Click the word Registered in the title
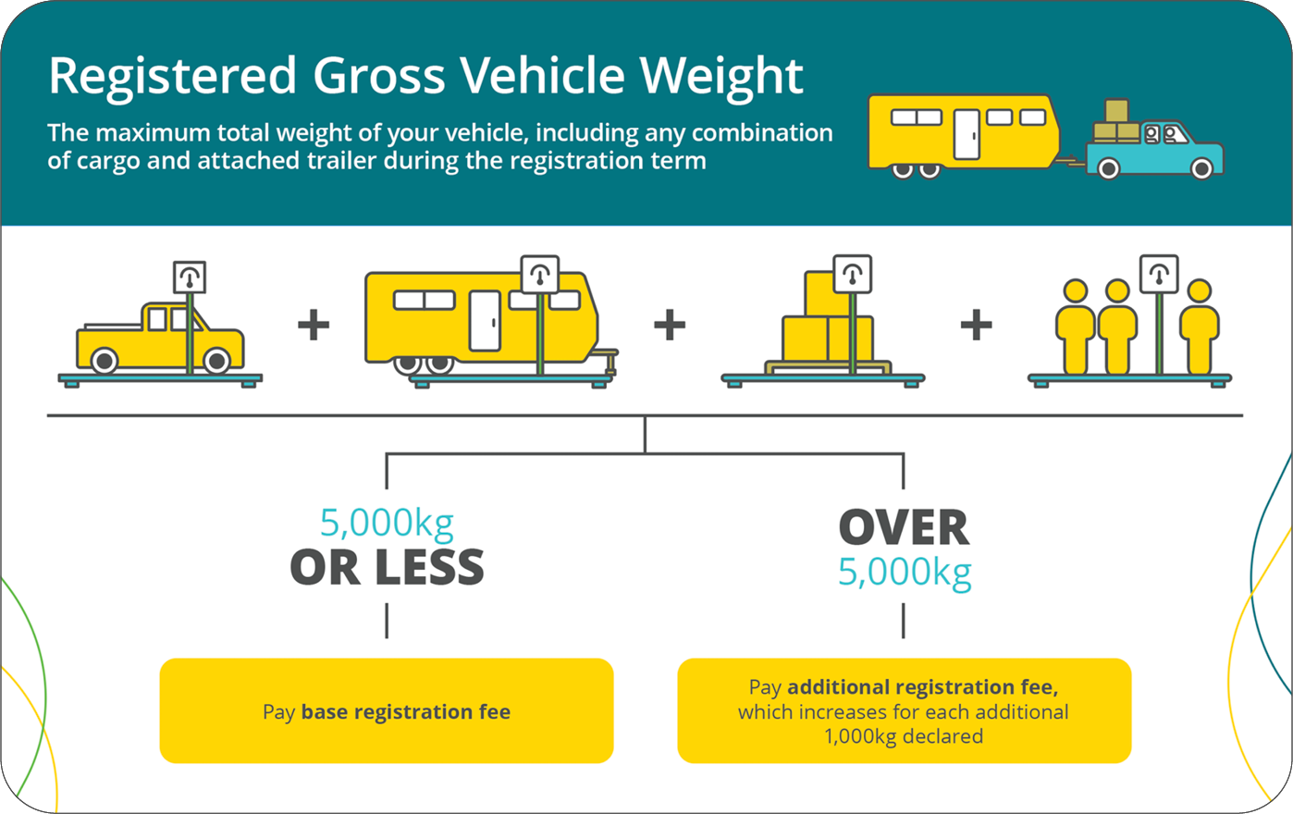tap(172, 76)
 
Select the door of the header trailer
tap(967, 134)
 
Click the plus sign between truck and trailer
tap(314, 325)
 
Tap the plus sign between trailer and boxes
tap(670, 325)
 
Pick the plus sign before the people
tap(977, 325)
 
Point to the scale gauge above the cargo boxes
tap(852, 273)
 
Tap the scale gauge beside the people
tap(1159, 274)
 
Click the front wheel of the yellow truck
tap(217, 360)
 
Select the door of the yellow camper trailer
tap(485, 320)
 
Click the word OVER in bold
tap(904, 528)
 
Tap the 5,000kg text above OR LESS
tap(387, 523)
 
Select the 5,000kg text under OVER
tap(905, 572)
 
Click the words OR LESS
tap(387, 567)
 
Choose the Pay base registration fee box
tap(387, 710)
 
